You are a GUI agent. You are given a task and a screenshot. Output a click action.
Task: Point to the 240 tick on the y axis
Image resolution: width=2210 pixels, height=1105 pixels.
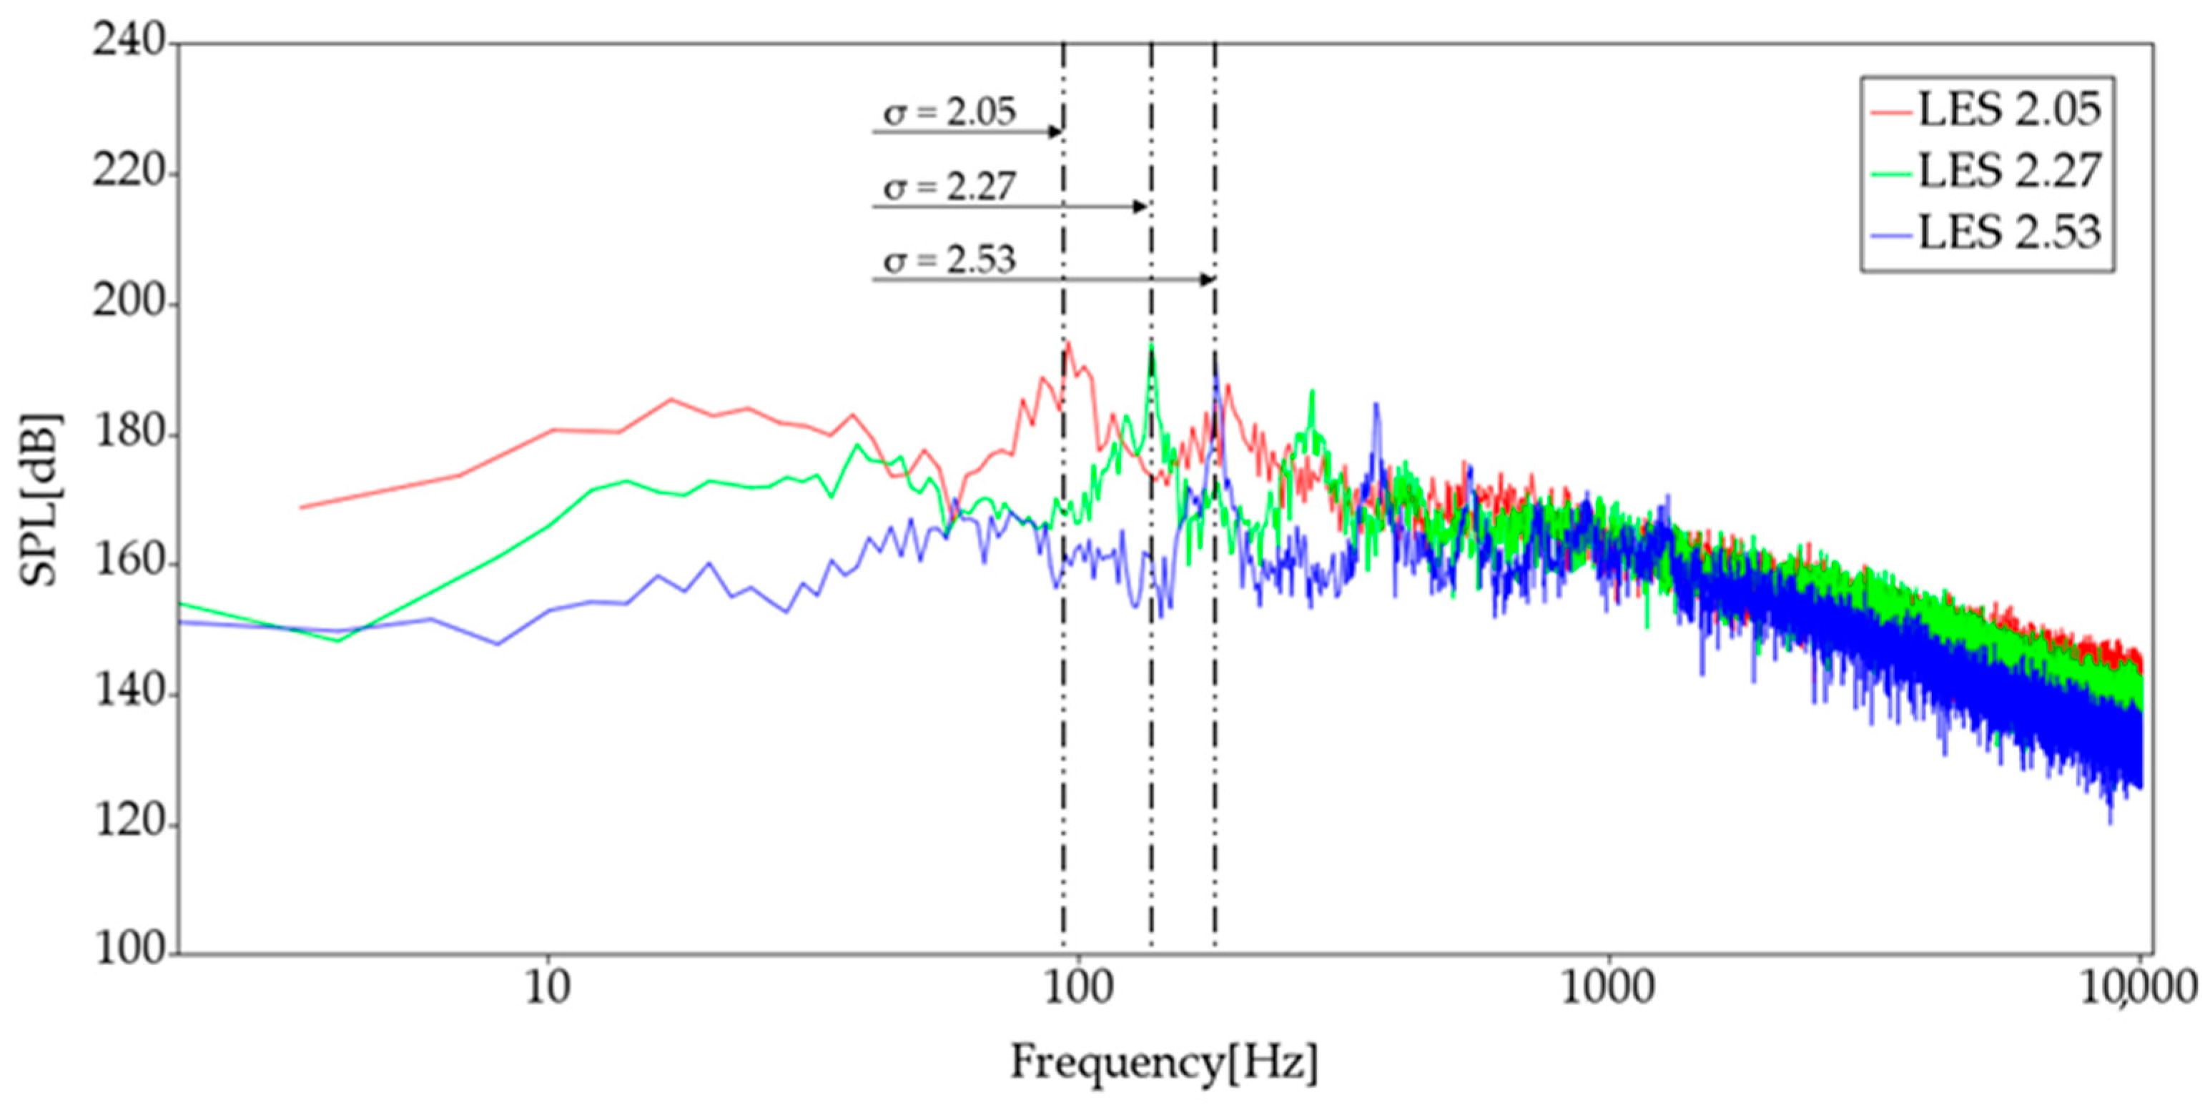129,41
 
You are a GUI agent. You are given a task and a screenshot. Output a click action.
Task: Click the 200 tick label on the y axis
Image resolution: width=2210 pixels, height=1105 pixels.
129,304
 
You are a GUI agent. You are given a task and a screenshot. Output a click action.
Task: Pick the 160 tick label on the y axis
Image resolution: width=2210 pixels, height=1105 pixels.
129,564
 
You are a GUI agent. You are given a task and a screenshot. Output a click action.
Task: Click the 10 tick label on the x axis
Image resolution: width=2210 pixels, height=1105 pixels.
548,989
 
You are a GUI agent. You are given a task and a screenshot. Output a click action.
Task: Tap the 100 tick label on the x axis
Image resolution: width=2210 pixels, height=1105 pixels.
1077,989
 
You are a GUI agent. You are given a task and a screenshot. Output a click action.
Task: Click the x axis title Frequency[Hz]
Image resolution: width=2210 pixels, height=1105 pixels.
1164,1063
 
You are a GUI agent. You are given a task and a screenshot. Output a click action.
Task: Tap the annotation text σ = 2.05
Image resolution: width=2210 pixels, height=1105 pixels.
949,112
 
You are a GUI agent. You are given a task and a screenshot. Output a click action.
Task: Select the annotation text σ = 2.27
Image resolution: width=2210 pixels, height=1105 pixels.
949,186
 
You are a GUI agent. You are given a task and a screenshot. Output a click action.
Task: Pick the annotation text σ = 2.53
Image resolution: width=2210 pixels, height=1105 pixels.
949,259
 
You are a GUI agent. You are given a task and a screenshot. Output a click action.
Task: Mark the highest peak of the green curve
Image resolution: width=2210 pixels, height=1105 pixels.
1151,346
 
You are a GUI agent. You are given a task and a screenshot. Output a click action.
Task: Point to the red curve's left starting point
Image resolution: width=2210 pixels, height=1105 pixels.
300,507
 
